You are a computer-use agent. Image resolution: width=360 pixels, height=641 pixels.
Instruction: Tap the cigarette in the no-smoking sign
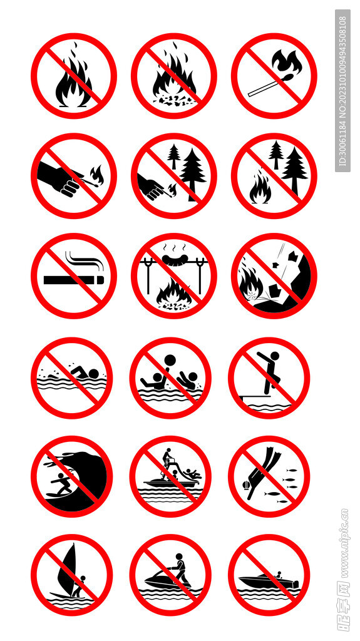[74, 280]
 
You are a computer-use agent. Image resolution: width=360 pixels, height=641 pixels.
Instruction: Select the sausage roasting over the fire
[174, 258]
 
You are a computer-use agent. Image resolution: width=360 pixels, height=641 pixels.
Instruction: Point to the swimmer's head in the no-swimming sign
[94, 374]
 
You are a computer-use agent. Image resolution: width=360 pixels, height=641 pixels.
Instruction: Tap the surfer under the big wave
[61, 485]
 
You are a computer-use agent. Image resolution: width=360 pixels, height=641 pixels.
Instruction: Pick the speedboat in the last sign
[269, 580]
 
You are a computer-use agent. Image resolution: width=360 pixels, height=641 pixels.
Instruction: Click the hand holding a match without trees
[59, 178]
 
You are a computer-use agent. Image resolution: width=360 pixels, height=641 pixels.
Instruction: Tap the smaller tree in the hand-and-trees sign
[174, 156]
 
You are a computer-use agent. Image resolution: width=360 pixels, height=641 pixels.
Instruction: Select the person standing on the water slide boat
[167, 458]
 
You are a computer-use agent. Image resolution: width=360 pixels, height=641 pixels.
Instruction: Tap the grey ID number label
[343, 91]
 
